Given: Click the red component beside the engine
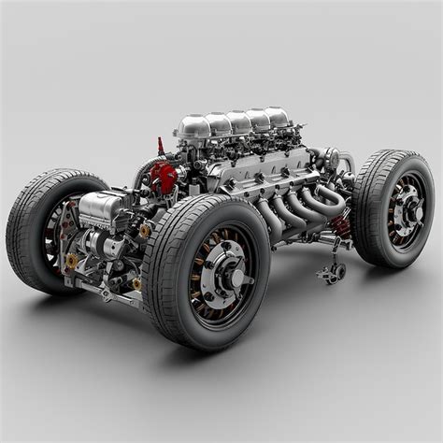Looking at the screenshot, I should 164,176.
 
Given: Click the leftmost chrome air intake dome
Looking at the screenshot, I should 193,128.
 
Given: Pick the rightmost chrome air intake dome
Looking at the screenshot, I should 277,117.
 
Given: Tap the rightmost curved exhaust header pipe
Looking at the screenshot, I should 329,196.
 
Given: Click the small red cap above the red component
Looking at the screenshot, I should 160,147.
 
